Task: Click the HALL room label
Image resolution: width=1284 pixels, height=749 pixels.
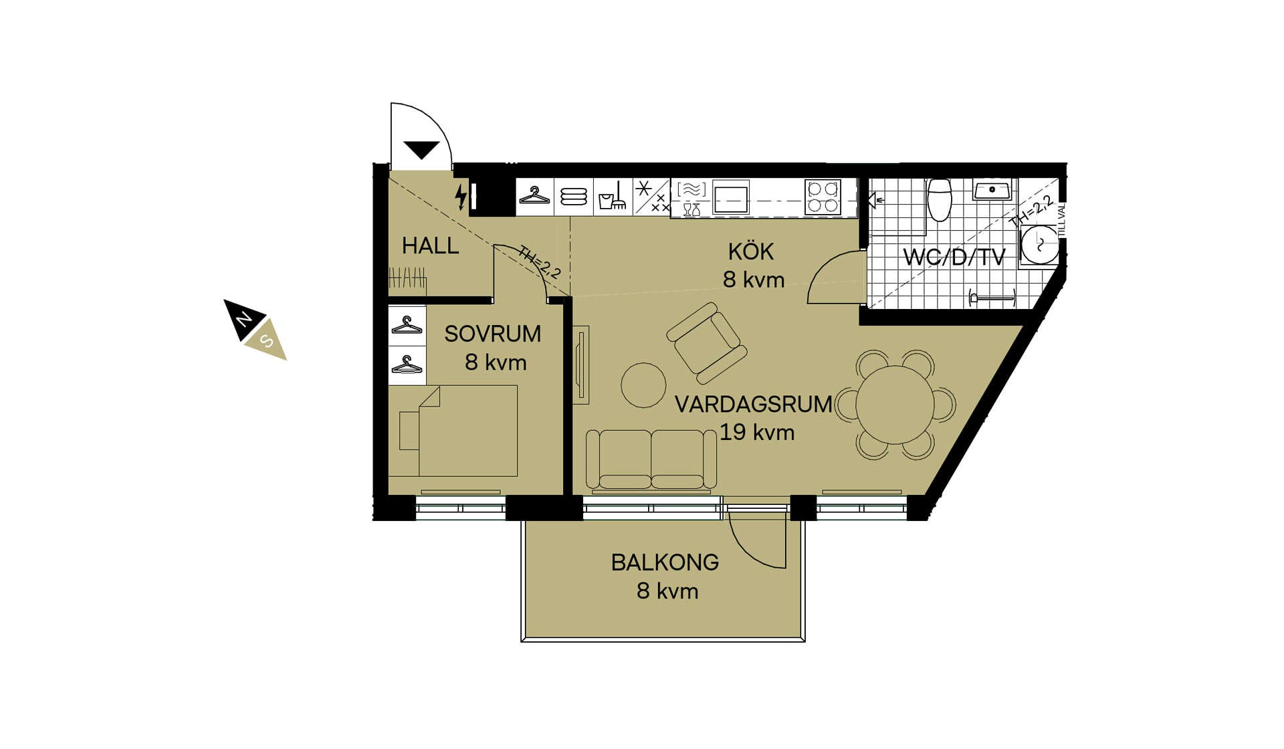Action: coord(430,246)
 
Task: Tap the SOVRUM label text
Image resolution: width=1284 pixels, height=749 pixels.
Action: coord(493,334)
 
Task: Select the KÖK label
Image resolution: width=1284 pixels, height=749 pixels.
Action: coord(751,251)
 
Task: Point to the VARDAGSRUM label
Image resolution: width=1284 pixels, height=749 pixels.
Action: coord(754,405)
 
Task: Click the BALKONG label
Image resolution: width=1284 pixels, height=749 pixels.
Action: coord(665,562)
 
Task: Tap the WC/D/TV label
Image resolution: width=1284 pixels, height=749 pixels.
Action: coord(954,257)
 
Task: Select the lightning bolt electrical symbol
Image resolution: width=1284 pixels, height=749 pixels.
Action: coord(461,197)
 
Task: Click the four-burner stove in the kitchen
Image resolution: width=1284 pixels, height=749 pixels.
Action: coord(823,197)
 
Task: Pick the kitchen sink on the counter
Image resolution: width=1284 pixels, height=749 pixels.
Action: coord(730,197)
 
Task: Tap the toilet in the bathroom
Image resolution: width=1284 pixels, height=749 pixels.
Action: coord(940,199)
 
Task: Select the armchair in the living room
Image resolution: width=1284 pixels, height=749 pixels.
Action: coord(707,343)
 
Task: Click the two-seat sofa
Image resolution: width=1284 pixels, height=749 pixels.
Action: coord(651,459)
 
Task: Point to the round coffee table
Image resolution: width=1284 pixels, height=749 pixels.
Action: coord(643,385)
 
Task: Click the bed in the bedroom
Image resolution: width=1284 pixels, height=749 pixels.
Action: coord(453,431)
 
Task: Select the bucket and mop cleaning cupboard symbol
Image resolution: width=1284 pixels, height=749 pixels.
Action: coord(612,197)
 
